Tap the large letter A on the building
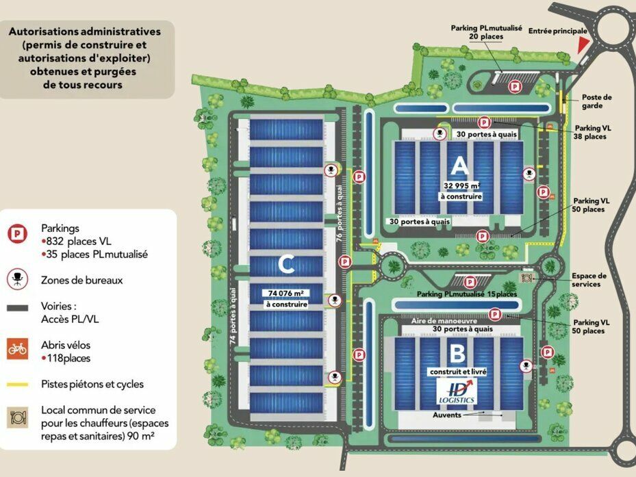click(x=459, y=165)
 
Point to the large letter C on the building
click(x=287, y=263)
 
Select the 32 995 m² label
click(x=461, y=185)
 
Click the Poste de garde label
click(x=597, y=101)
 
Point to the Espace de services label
click(x=589, y=280)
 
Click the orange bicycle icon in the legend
click(x=18, y=349)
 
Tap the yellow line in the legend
click(x=18, y=385)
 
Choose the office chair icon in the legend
click(x=17, y=280)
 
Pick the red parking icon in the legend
click(x=17, y=233)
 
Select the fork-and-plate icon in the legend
click(x=18, y=417)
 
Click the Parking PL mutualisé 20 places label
click(x=486, y=32)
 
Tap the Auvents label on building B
click(x=446, y=415)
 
